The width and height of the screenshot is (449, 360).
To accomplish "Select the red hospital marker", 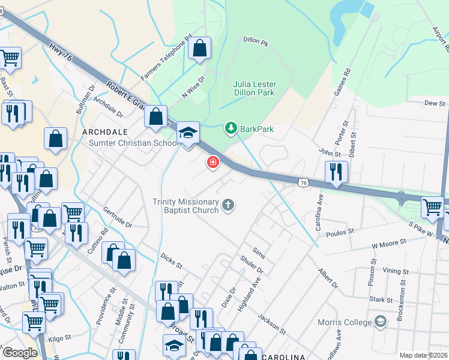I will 212,162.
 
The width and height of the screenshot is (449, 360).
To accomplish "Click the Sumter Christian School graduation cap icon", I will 188,134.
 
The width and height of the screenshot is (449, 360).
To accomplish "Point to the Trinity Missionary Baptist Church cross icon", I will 228,206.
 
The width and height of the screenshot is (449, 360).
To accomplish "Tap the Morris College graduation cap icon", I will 380,322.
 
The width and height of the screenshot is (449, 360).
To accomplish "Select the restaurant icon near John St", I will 337,172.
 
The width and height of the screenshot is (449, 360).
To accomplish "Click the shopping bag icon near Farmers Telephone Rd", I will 200,48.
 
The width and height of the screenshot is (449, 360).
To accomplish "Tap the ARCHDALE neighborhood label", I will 103,131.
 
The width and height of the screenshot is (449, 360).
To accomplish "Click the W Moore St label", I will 389,244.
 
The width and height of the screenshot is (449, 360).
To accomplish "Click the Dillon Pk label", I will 255,41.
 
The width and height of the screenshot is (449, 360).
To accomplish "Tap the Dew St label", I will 435,103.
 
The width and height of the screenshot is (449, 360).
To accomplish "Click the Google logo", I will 19,353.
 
